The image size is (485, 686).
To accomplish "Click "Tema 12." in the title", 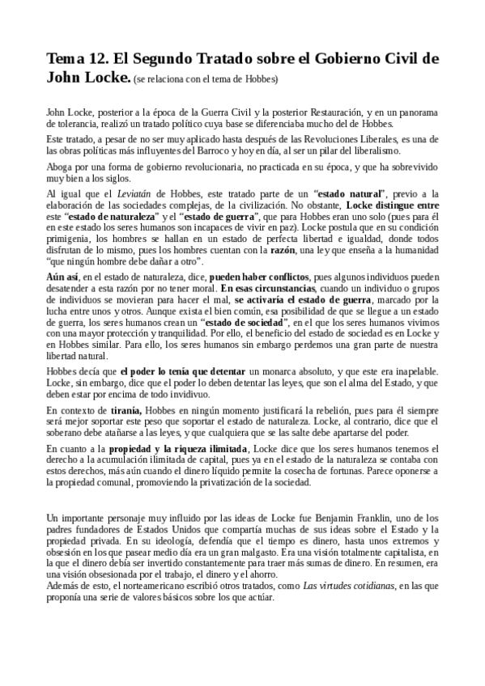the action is pos(78,59).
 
